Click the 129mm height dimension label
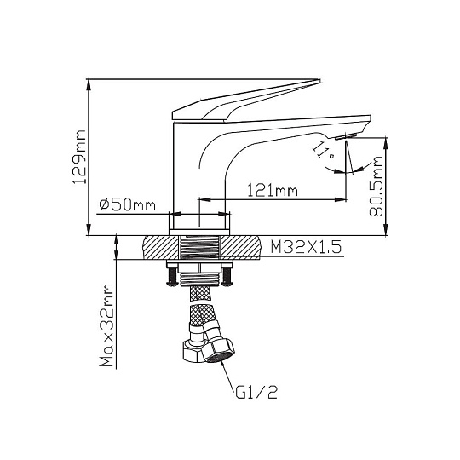pyautogui.click(x=79, y=158)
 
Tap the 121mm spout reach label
pyautogui.click(x=273, y=191)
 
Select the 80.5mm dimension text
pyautogui.click(x=377, y=187)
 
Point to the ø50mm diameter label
pyautogui.click(x=127, y=204)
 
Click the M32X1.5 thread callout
pyautogui.click(x=306, y=247)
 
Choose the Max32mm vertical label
pyautogui.click(x=106, y=325)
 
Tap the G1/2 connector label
pyautogui.click(x=256, y=392)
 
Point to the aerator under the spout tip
pyautogui.click(x=346, y=136)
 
